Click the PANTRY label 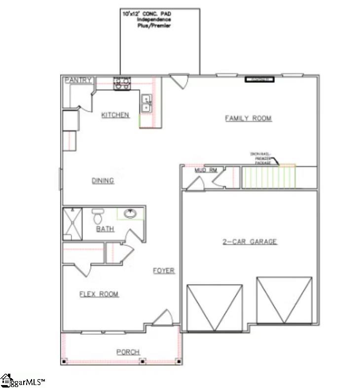(x=78, y=80)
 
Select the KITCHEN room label (x=115, y=115)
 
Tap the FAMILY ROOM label (x=248, y=118)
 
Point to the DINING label (x=103, y=180)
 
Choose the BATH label (x=105, y=229)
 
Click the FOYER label (x=163, y=271)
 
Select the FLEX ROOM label (x=99, y=294)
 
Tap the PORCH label (x=128, y=352)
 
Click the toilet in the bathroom (x=98, y=215)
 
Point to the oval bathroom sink (x=131, y=213)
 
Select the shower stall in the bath (x=72, y=223)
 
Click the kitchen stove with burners (x=122, y=84)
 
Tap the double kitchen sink (x=146, y=103)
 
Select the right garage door (x=284, y=301)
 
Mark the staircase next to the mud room (x=269, y=177)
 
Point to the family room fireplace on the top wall (x=259, y=79)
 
